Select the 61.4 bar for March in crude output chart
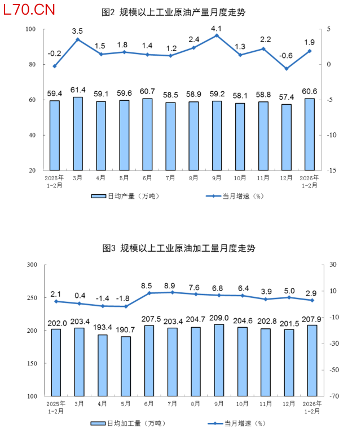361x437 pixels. click(x=77, y=133)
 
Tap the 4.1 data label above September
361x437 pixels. click(x=216, y=28)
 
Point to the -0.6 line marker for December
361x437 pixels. click(x=286, y=69)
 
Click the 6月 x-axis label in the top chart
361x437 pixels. click(x=147, y=178)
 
